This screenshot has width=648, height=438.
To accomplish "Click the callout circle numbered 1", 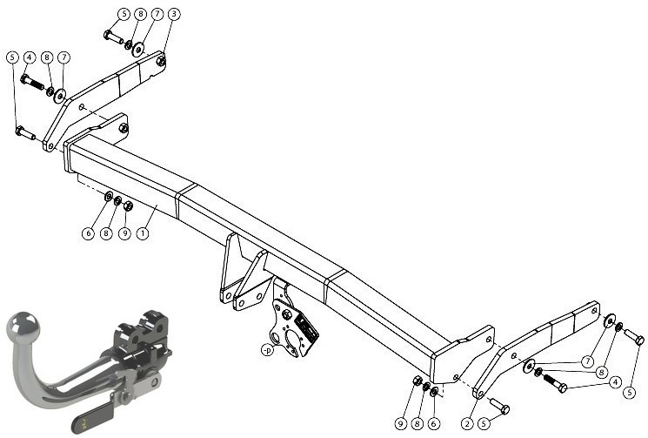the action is [x=143, y=233].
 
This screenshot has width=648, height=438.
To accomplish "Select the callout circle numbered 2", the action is [x=467, y=423].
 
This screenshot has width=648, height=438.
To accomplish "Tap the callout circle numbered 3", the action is [x=174, y=14].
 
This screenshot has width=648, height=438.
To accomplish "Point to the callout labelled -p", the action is [x=267, y=350].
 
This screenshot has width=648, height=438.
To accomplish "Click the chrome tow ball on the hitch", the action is [x=24, y=327].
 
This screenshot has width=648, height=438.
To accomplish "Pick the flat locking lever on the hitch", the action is [x=94, y=413].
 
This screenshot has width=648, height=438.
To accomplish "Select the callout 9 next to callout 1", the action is [x=124, y=233].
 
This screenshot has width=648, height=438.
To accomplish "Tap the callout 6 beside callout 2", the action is [x=433, y=423].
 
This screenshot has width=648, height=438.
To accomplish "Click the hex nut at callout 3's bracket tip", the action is [x=161, y=61].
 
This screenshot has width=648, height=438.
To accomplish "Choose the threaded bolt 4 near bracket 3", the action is [x=32, y=82].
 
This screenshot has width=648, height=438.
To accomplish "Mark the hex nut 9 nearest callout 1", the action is [x=128, y=206].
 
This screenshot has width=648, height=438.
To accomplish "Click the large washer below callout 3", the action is [x=138, y=50].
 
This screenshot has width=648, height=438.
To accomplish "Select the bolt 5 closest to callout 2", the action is [x=499, y=406].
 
